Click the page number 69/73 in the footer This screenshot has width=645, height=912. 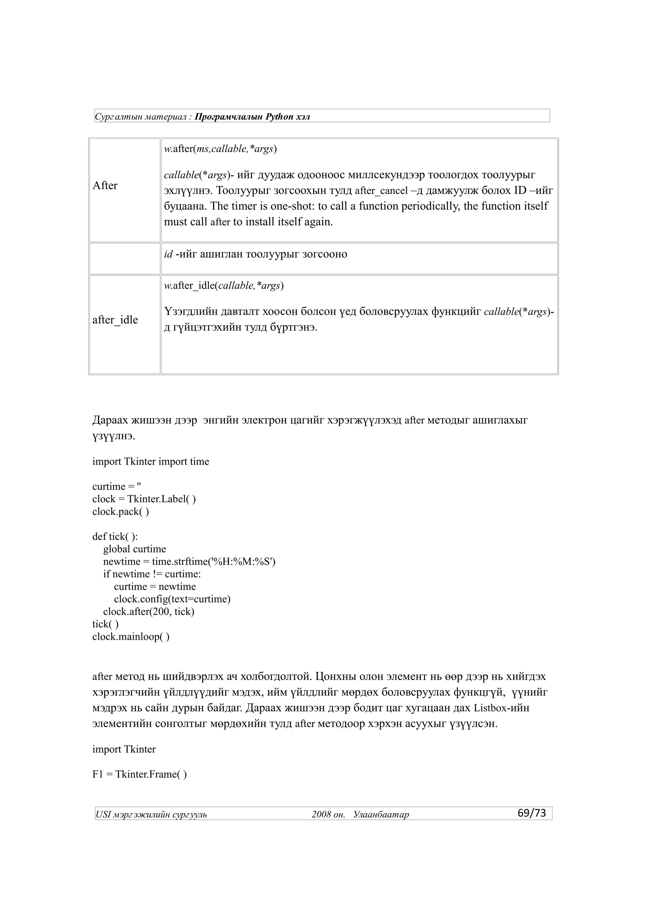(531, 813)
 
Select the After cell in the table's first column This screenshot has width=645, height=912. (105, 185)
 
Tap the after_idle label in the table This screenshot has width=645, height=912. (115, 320)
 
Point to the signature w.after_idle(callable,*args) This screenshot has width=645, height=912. (224, 286)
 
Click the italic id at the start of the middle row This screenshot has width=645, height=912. (168, 254)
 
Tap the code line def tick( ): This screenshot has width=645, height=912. (115, 536)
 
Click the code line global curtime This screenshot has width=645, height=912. (134, 549)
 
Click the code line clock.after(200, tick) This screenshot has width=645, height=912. (149, 612)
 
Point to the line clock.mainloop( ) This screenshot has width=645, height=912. (131, 637)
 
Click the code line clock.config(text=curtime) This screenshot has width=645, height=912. (172, 599)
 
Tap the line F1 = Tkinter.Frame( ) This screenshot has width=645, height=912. (140, 774)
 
